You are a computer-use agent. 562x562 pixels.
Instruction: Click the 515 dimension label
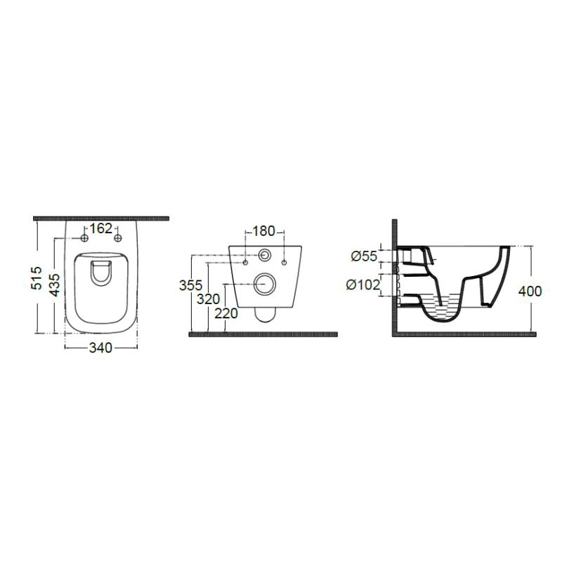pyautogui.click(x=37, y=277)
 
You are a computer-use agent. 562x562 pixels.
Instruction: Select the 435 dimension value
pyautogui.click(x=54, y=285)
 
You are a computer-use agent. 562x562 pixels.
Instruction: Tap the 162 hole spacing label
pyautogui.click(x=100, y=228)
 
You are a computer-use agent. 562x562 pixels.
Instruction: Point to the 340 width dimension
pyautogui.click(x=100, y=347)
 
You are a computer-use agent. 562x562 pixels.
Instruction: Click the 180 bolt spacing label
pyautogui.click(x=263, y=231)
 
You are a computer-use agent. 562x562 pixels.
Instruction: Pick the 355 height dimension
pyautogui.click(x=190, y=285)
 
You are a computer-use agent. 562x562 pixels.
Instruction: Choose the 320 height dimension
pyautogui.click(x=208, y=299)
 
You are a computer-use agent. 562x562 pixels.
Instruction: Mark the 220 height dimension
pyautogui.click(x=226, y=313)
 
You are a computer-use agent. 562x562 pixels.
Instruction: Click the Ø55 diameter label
pyautogui.click(x=364, y=256)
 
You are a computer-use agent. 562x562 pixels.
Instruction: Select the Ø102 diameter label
pyautogui.click(x=362, y=285)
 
